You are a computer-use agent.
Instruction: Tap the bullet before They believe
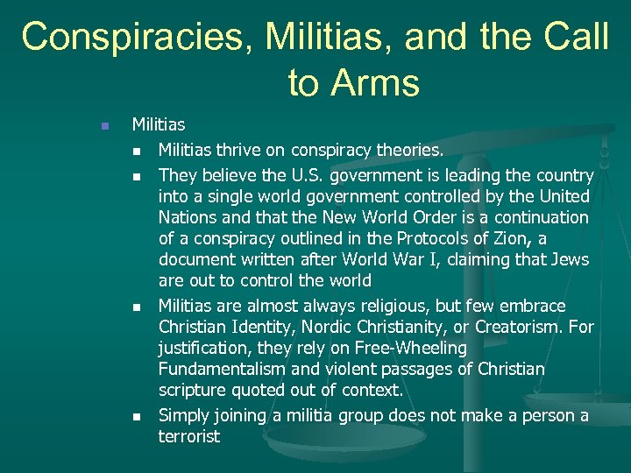(137, 176)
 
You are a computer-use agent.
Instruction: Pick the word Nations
(188, 217)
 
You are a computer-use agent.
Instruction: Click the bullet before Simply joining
(137, 416)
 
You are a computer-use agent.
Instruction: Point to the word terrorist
(188, 436)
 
